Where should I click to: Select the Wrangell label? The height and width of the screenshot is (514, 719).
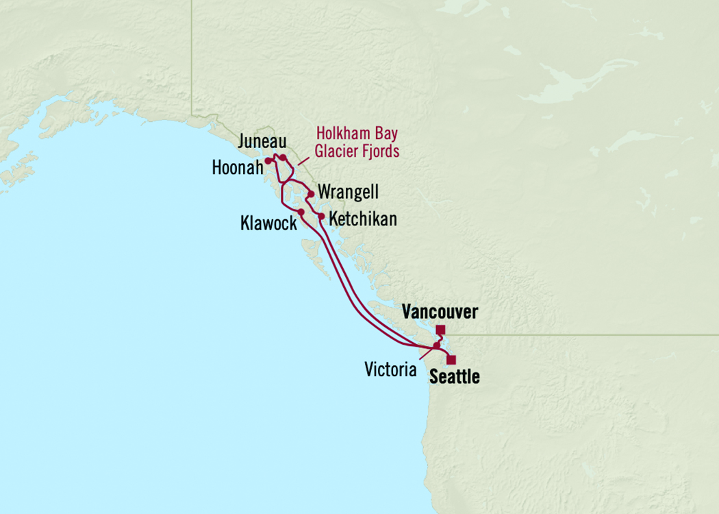(x=348, y=193)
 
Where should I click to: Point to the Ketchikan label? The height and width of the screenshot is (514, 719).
(x=362, y=220)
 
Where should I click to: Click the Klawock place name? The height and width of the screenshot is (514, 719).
(x=268, y=223)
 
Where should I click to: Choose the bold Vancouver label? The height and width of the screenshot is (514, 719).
(x=440, y=313)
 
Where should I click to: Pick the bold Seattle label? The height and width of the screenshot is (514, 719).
(x=454, y=377)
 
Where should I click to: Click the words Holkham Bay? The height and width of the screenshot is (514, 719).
(x=356, y=133)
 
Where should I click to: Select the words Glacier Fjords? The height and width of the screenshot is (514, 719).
(x=356, y=151)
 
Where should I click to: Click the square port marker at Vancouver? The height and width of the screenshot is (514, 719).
(x=440, y=330)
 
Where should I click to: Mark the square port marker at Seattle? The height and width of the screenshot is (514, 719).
(x=451, y=359)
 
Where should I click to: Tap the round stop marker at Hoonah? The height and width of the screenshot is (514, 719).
(x=267, y=161)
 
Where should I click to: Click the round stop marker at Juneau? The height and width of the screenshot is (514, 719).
(x=282, y=158)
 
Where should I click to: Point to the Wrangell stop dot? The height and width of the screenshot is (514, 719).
(x=311, y=193)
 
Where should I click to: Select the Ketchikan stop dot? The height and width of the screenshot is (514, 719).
(x=321, y=217)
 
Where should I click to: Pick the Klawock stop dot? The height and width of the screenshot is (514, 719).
(x=301, y=212)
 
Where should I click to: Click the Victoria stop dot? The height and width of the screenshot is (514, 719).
(x=436, y=345)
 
